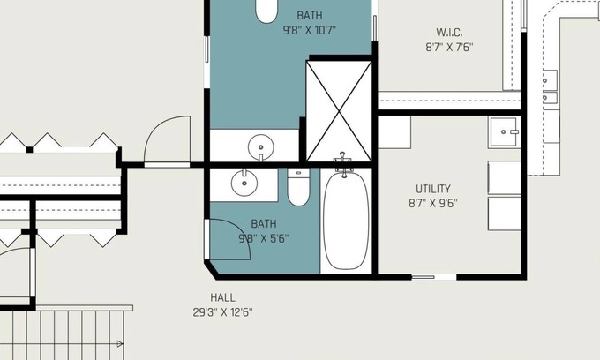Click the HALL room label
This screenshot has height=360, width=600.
pyautogui.click(x=222, y=297)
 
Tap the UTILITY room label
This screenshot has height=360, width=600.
pyautogui.click(x=433, y=189)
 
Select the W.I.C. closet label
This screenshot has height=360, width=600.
pyautogui.click(x=449, y=33)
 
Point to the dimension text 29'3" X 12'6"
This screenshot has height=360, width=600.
pyautogui.click(x=222, y=312)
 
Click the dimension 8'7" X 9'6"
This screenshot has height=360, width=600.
pyautogui.click(x=433, y=203)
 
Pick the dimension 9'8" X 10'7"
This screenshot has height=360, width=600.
pyautogui.click(x=309, y=30)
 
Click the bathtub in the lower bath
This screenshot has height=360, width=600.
pyautogui.click(x=346, y=221)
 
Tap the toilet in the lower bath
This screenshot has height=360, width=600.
pyautogui.click(x=298, y=187)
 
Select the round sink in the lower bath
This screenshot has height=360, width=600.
pyautogui.click(x=244, y=184)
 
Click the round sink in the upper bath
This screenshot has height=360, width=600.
pyautogui.click(x=261, y=147)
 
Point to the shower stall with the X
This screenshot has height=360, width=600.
pyautogui.click(x=339, y=111)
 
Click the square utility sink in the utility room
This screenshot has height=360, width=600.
pyautogui.click(x=505, y=132)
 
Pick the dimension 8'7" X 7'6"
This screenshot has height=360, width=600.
pyautogui.click(x=449, y=47)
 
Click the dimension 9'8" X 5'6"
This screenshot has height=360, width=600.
pyautogui.click(x=264, y=238)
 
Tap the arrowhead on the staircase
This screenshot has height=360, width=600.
pyautogui.click(x=120, y=344)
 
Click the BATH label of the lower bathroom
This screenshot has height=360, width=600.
pyautogui.click(x=264, y=224)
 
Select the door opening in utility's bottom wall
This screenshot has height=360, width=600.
pyautogui.click(x=434, y=277)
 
